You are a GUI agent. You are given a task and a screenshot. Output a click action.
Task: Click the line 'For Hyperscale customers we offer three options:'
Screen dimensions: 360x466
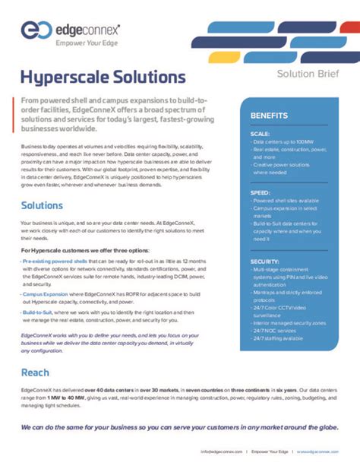coord(85,250)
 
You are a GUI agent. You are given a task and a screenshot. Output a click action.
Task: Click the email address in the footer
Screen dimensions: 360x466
coord(223,451)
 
